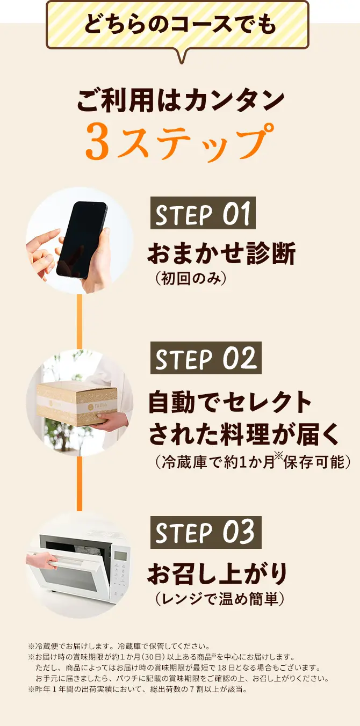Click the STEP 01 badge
203,213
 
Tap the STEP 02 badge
206,358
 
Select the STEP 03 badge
206,533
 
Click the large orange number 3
98,142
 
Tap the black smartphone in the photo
82,240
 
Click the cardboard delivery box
77,404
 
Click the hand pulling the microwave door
41,560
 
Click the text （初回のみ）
190,279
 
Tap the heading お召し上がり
217,573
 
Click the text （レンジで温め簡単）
220,599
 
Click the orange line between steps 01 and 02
80,322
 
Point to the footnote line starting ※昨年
138,689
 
